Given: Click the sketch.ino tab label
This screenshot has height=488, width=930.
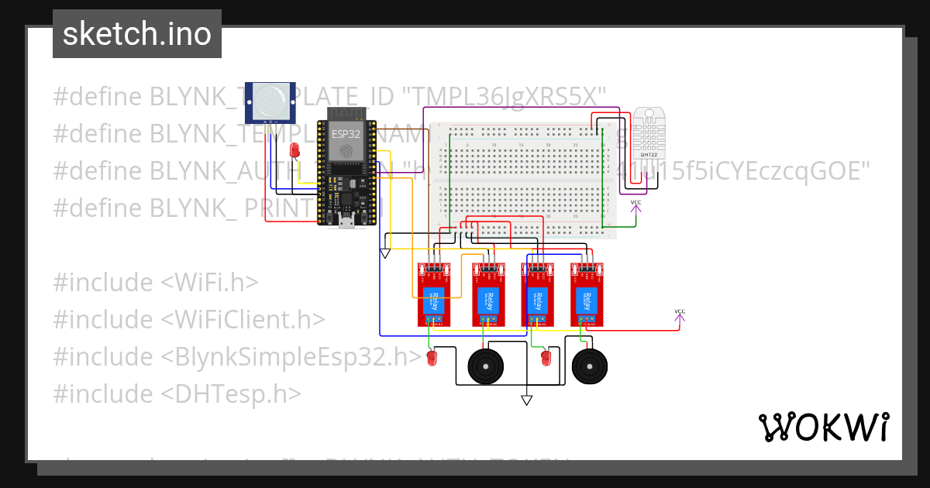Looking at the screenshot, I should coord(137,34).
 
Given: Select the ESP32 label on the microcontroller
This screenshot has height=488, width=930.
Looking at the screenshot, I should coord(345,133).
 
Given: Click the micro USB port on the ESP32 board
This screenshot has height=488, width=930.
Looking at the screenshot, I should coord(346,222).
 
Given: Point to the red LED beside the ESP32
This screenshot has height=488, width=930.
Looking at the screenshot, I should coord(294,150).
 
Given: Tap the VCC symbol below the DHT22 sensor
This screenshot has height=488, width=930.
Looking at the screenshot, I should coord(635,204).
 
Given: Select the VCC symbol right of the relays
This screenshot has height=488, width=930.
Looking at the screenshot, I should coord(680,313).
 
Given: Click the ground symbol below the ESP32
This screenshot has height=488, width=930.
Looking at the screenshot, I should coord(385,253).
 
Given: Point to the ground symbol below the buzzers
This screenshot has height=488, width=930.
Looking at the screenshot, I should coord(527,400).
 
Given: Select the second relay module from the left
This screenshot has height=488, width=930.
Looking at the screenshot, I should coord(487,294).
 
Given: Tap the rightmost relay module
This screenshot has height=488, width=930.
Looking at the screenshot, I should coord(587,294).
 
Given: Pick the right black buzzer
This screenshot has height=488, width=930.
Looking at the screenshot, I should coord(589,366).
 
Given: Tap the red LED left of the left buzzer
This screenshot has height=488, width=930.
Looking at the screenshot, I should coord(432,358).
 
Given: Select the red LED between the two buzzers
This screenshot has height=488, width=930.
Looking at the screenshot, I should coord(546,358).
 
